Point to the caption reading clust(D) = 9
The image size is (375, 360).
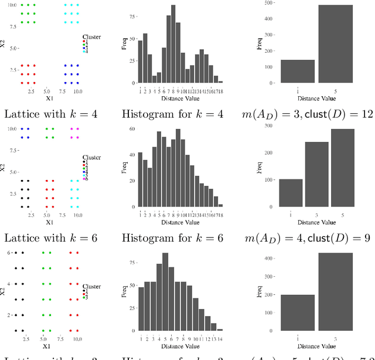pyautogui.click(x=345, y=238)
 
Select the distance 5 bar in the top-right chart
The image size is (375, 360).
pyautogui.click(x=336, y=44)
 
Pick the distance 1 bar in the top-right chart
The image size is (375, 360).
pyautogui.click(x=298, y=72)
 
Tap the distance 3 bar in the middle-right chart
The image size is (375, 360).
pyautogui.click(x=317, y=174)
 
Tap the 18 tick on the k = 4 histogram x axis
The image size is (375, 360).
pyautogui.click(x=220, y=90)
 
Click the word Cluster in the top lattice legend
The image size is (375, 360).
pyautogui.click(x=91, y=37)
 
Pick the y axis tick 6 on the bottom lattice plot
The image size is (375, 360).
pyautogui.click(x=9, y=252)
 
